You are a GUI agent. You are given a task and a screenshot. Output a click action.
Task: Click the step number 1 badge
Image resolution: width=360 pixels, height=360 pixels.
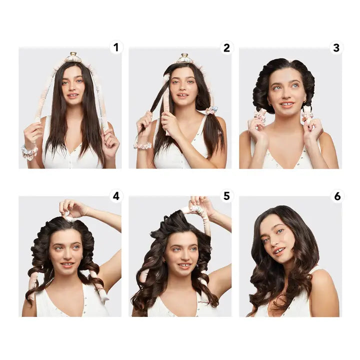[116, 47]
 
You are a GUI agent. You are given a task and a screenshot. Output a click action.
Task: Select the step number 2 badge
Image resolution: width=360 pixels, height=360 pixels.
[226, 47]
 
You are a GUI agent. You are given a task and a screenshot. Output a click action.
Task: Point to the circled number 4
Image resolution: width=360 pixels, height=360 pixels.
[116, 195]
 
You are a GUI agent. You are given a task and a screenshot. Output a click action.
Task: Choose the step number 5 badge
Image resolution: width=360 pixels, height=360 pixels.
[226, 195]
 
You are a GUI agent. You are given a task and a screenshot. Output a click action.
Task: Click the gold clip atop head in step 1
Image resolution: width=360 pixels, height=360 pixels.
[73, 57]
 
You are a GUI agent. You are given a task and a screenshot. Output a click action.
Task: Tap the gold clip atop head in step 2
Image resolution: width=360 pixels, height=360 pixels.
[184, 58]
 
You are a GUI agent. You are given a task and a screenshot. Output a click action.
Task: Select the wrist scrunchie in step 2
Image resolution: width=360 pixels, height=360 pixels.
[142, 145]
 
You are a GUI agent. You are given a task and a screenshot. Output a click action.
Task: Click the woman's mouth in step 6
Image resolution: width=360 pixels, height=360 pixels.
[279, 250]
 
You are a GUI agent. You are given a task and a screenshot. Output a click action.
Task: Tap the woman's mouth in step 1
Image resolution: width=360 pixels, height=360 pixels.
[73, 95]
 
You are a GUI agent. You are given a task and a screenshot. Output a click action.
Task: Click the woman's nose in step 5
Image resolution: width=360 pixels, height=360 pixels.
[184, 257]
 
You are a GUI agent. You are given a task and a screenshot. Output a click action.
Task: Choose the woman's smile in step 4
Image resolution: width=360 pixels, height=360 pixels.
[67, 264]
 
